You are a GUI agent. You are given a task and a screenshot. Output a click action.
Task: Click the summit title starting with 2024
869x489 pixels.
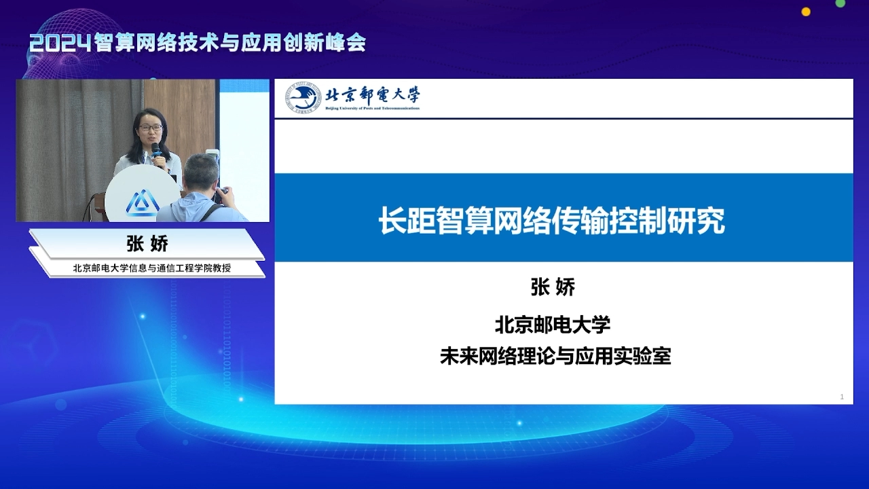[x=198, y=43]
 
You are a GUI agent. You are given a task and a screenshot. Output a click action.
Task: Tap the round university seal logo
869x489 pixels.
[x=303, y=97]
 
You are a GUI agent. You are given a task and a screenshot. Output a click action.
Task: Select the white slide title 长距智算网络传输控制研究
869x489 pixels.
[x=551, y=221]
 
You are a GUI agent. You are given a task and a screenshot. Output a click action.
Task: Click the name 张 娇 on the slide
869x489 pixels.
[x=553, y=287]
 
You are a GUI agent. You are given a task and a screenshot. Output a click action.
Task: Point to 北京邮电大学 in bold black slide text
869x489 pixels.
[x=553, y=325]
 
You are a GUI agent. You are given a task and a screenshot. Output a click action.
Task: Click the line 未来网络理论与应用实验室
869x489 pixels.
[x=555, y=357]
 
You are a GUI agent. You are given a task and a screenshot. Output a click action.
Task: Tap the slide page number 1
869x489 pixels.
[x=842, y=397]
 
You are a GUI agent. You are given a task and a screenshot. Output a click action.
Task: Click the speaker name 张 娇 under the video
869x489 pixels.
[x=147, y=244]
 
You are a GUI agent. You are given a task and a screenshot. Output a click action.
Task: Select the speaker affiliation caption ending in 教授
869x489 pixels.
[x=151, y=268]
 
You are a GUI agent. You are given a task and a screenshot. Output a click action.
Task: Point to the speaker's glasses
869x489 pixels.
[x=151, y=127]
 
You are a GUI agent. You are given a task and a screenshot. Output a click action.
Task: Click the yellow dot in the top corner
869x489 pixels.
[x=806, y=12]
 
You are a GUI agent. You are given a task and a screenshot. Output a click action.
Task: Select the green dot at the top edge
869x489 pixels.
[x=840, y=3]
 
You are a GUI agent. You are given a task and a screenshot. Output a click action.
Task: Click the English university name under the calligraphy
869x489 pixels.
[x=373, y=108]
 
